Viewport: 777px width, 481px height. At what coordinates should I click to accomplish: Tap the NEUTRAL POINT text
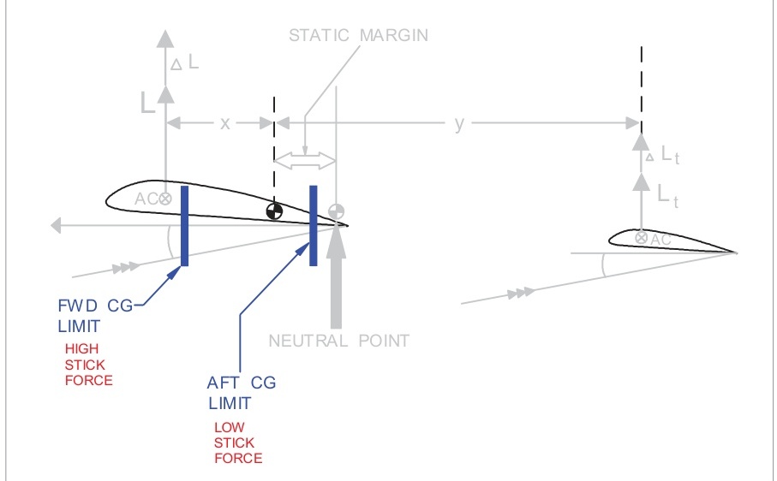(339, 341)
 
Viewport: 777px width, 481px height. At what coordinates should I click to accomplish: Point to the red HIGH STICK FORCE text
(88, 365)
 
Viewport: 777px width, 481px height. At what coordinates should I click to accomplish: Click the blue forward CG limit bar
(183, 225)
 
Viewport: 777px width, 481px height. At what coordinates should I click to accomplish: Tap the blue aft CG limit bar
(314, 225)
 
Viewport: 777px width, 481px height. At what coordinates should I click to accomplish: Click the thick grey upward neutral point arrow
(337, 274)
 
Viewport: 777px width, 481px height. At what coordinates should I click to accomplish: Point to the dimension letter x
(224, 123)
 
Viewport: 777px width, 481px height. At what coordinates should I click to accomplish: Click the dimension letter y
(459, 123)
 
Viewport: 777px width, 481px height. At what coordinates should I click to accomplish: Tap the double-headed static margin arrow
(305, 159)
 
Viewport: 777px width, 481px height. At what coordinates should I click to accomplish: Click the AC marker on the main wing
(164, 198)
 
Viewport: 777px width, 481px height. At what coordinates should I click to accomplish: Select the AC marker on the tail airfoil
(641, 238)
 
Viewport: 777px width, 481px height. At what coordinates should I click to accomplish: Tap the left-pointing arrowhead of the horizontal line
(57, 225)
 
